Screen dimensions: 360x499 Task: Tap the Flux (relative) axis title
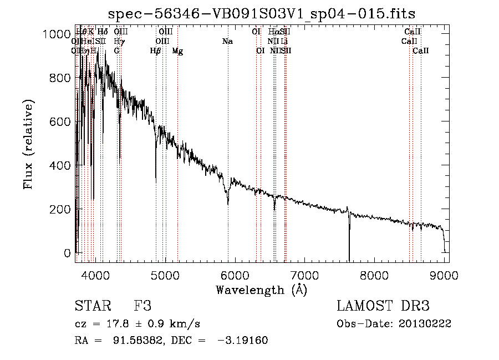point(28,144)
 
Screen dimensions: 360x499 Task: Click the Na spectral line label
point(227,41)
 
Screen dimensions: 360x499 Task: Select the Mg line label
point(177,51)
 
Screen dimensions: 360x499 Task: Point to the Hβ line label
point(156,51)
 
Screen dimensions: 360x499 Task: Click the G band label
point(117,51)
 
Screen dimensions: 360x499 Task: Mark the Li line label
point(284,41)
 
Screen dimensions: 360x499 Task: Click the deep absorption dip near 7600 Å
point(349,244)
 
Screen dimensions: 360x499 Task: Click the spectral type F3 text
point(142,306)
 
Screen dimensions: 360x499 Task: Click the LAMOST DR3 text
point(383,306)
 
